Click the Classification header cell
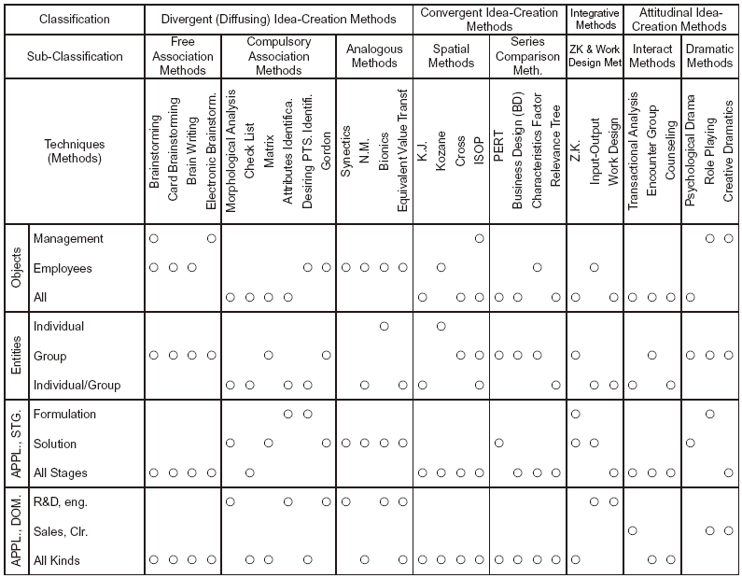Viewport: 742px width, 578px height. click(73, 19)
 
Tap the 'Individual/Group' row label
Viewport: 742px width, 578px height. click(77, 385)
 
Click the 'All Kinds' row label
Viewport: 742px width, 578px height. click(57, 559)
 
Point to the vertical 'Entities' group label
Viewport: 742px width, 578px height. click(16, 356)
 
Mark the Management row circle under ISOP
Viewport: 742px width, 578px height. click(480, 239)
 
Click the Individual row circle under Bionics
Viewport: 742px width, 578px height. click(384, 327)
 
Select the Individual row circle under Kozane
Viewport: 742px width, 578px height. click(441, 327)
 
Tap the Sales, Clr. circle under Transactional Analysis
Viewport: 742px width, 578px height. click(633, 530)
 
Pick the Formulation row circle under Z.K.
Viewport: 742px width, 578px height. click(576, 414)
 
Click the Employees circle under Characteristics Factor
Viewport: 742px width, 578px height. click(538, 268)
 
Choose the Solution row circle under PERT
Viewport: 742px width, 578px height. click(499, 443)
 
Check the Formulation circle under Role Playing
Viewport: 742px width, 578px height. click(710, 414)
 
